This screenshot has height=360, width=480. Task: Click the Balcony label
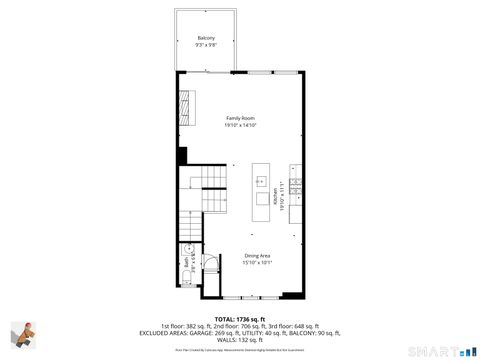coord(205,38)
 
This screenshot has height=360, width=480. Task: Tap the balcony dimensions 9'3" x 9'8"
coord(205,44)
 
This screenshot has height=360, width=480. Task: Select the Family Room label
coord(240,118)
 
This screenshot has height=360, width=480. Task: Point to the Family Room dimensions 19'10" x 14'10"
coord(240,125)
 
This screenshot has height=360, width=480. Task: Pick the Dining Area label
coord(258,256)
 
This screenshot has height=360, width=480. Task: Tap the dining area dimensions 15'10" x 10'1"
coord(258,263)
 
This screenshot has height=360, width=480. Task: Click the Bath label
coord(186,263)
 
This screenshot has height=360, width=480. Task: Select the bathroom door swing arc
coord(210,262)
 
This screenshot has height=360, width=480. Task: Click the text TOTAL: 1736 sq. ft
coord(240,317)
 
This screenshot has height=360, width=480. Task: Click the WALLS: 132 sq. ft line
coord(240,338)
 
